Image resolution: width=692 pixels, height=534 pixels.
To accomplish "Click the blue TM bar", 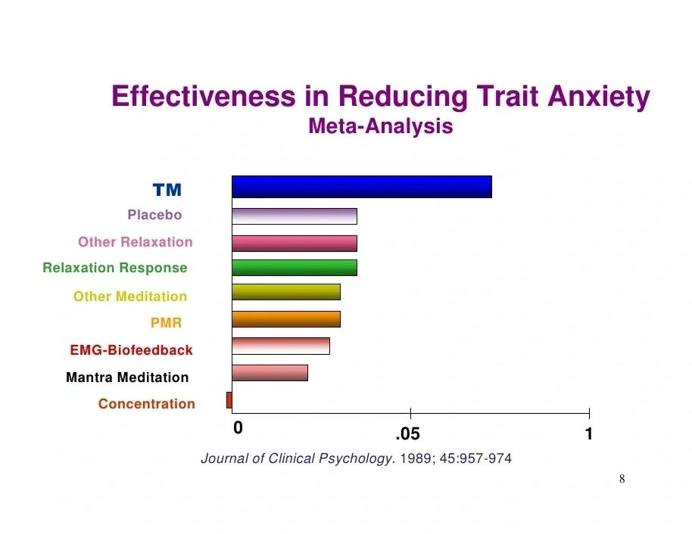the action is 362,187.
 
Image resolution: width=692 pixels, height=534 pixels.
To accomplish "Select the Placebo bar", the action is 295,216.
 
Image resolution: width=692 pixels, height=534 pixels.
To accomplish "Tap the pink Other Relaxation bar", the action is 295,244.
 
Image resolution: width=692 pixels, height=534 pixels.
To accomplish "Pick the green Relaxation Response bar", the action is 295,268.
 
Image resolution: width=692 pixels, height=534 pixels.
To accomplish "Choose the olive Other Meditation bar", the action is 286,292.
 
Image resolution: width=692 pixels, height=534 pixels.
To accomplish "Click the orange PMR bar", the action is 286,319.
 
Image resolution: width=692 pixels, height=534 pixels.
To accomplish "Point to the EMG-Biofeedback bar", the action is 281,346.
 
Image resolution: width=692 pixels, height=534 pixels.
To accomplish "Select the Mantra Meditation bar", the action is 270,373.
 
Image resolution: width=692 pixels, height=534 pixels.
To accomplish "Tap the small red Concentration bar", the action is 229,400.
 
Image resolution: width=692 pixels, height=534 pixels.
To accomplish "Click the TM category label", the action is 167,190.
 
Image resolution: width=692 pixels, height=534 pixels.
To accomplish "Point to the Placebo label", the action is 154,215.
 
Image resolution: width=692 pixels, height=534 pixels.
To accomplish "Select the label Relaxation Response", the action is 115,268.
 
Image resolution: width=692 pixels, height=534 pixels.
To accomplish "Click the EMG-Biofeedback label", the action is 131,350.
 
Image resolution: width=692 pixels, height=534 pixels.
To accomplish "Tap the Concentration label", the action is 147,403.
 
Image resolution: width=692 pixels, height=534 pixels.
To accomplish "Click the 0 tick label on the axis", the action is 238,427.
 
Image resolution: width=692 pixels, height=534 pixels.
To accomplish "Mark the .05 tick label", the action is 408,434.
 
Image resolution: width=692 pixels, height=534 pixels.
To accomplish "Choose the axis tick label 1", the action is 589,434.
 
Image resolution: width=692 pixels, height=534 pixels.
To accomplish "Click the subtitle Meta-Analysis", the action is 381,126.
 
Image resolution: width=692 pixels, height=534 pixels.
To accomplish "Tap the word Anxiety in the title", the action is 599,97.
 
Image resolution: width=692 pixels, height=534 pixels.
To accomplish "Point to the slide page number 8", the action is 622,479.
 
